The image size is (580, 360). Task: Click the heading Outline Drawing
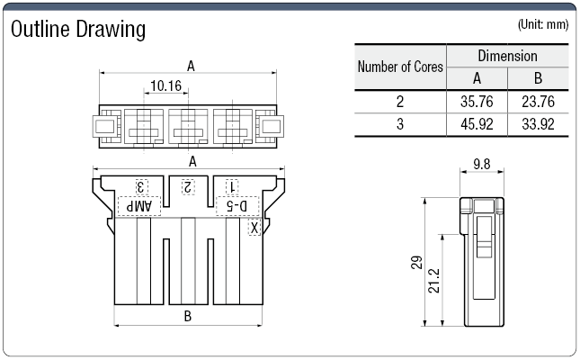(x=77, y=30)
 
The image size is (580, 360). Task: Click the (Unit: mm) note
(x=542, y=25)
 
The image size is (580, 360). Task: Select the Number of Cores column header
(x=401, y=67)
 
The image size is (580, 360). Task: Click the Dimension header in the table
(x=507, y=56)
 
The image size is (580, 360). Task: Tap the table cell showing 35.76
(x=477, y=102)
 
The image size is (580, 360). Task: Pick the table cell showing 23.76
(x=537, y=102)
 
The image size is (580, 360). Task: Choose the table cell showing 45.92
(x=477, y=124)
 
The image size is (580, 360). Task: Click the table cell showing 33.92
(x=537, y=124)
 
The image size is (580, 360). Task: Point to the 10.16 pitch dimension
(x=166, y=86)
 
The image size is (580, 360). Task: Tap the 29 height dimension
(x=416, y=263)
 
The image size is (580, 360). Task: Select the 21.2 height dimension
(x=433, y=281)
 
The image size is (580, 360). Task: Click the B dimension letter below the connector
(x=188, y=316)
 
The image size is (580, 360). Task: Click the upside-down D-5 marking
(x=234, y=206)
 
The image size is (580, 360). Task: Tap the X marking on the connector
(x=254, y=229)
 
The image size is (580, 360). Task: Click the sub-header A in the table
(x=477, y=78)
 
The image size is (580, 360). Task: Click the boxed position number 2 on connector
(x=187, y=186)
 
